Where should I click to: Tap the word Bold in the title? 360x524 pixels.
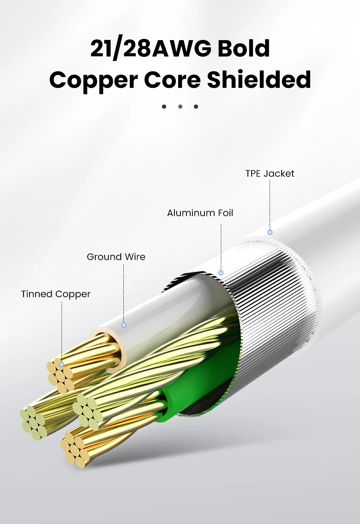coord(243,49)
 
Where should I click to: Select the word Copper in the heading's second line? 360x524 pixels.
coord(93,80)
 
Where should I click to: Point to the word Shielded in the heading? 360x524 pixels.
coord(259,80)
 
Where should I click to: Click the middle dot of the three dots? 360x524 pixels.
coord(180,107)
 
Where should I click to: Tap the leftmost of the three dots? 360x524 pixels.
coord(164,107)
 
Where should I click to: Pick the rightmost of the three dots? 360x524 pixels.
coord(196,107)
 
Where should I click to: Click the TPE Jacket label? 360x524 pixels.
coord(270,173)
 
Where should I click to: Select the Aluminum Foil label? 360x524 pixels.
coord(200,213)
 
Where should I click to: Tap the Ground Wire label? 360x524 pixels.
coord(116,257)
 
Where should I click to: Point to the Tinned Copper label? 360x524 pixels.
coord(56,294)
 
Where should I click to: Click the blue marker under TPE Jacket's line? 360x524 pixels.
coord(270,232)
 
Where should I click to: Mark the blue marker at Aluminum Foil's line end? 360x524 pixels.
coord(221,273)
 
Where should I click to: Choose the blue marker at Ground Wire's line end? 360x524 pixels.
coord(124,325)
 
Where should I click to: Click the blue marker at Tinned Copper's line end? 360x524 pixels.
coord(61,364)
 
